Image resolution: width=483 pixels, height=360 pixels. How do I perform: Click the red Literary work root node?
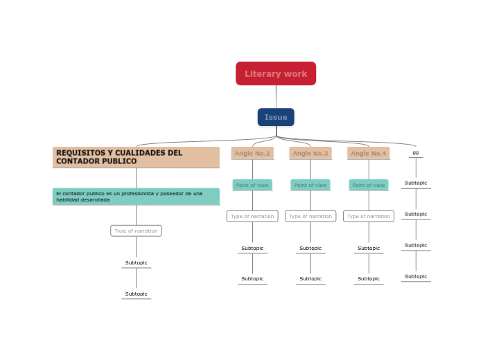(x=276, y=73)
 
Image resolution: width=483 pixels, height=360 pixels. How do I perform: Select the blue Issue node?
(x=276, y=117)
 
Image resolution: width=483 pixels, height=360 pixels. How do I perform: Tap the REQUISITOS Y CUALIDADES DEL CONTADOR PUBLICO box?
(x=136, y=156)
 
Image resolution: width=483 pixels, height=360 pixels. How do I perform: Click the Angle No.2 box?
(x=252, y=153)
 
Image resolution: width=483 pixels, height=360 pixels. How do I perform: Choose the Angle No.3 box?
(x=310, y=153)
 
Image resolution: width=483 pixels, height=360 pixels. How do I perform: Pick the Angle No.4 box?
(x=369, y=153)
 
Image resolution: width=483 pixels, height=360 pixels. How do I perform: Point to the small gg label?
(x=416, y=152)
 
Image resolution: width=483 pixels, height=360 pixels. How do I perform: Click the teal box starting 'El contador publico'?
(x=136, y=197)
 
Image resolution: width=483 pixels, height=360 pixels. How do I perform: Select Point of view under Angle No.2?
(x=252, y=185)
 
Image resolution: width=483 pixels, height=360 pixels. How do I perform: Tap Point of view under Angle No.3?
(x=310, y=185)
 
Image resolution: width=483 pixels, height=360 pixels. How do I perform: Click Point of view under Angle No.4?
(x=369, y=185)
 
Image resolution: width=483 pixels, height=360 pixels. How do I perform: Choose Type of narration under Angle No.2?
(x=252, y=216)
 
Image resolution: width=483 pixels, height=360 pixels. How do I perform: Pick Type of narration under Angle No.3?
(x=310, y=216)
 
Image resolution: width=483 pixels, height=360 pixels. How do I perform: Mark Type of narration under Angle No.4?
(x=369, y=216)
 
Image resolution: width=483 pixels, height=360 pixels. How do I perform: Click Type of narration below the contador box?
(x=136, y=231)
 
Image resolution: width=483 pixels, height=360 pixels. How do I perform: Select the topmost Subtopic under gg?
(x=416, y=183)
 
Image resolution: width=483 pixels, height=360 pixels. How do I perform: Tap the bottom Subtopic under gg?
(x=416, y=276)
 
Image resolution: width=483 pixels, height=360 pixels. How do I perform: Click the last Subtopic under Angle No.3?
(x=310, y=279)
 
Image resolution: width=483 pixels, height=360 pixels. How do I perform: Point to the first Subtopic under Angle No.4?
(x=369, y=248)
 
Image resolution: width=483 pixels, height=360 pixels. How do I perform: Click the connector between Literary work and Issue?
(x=276, y=96)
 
